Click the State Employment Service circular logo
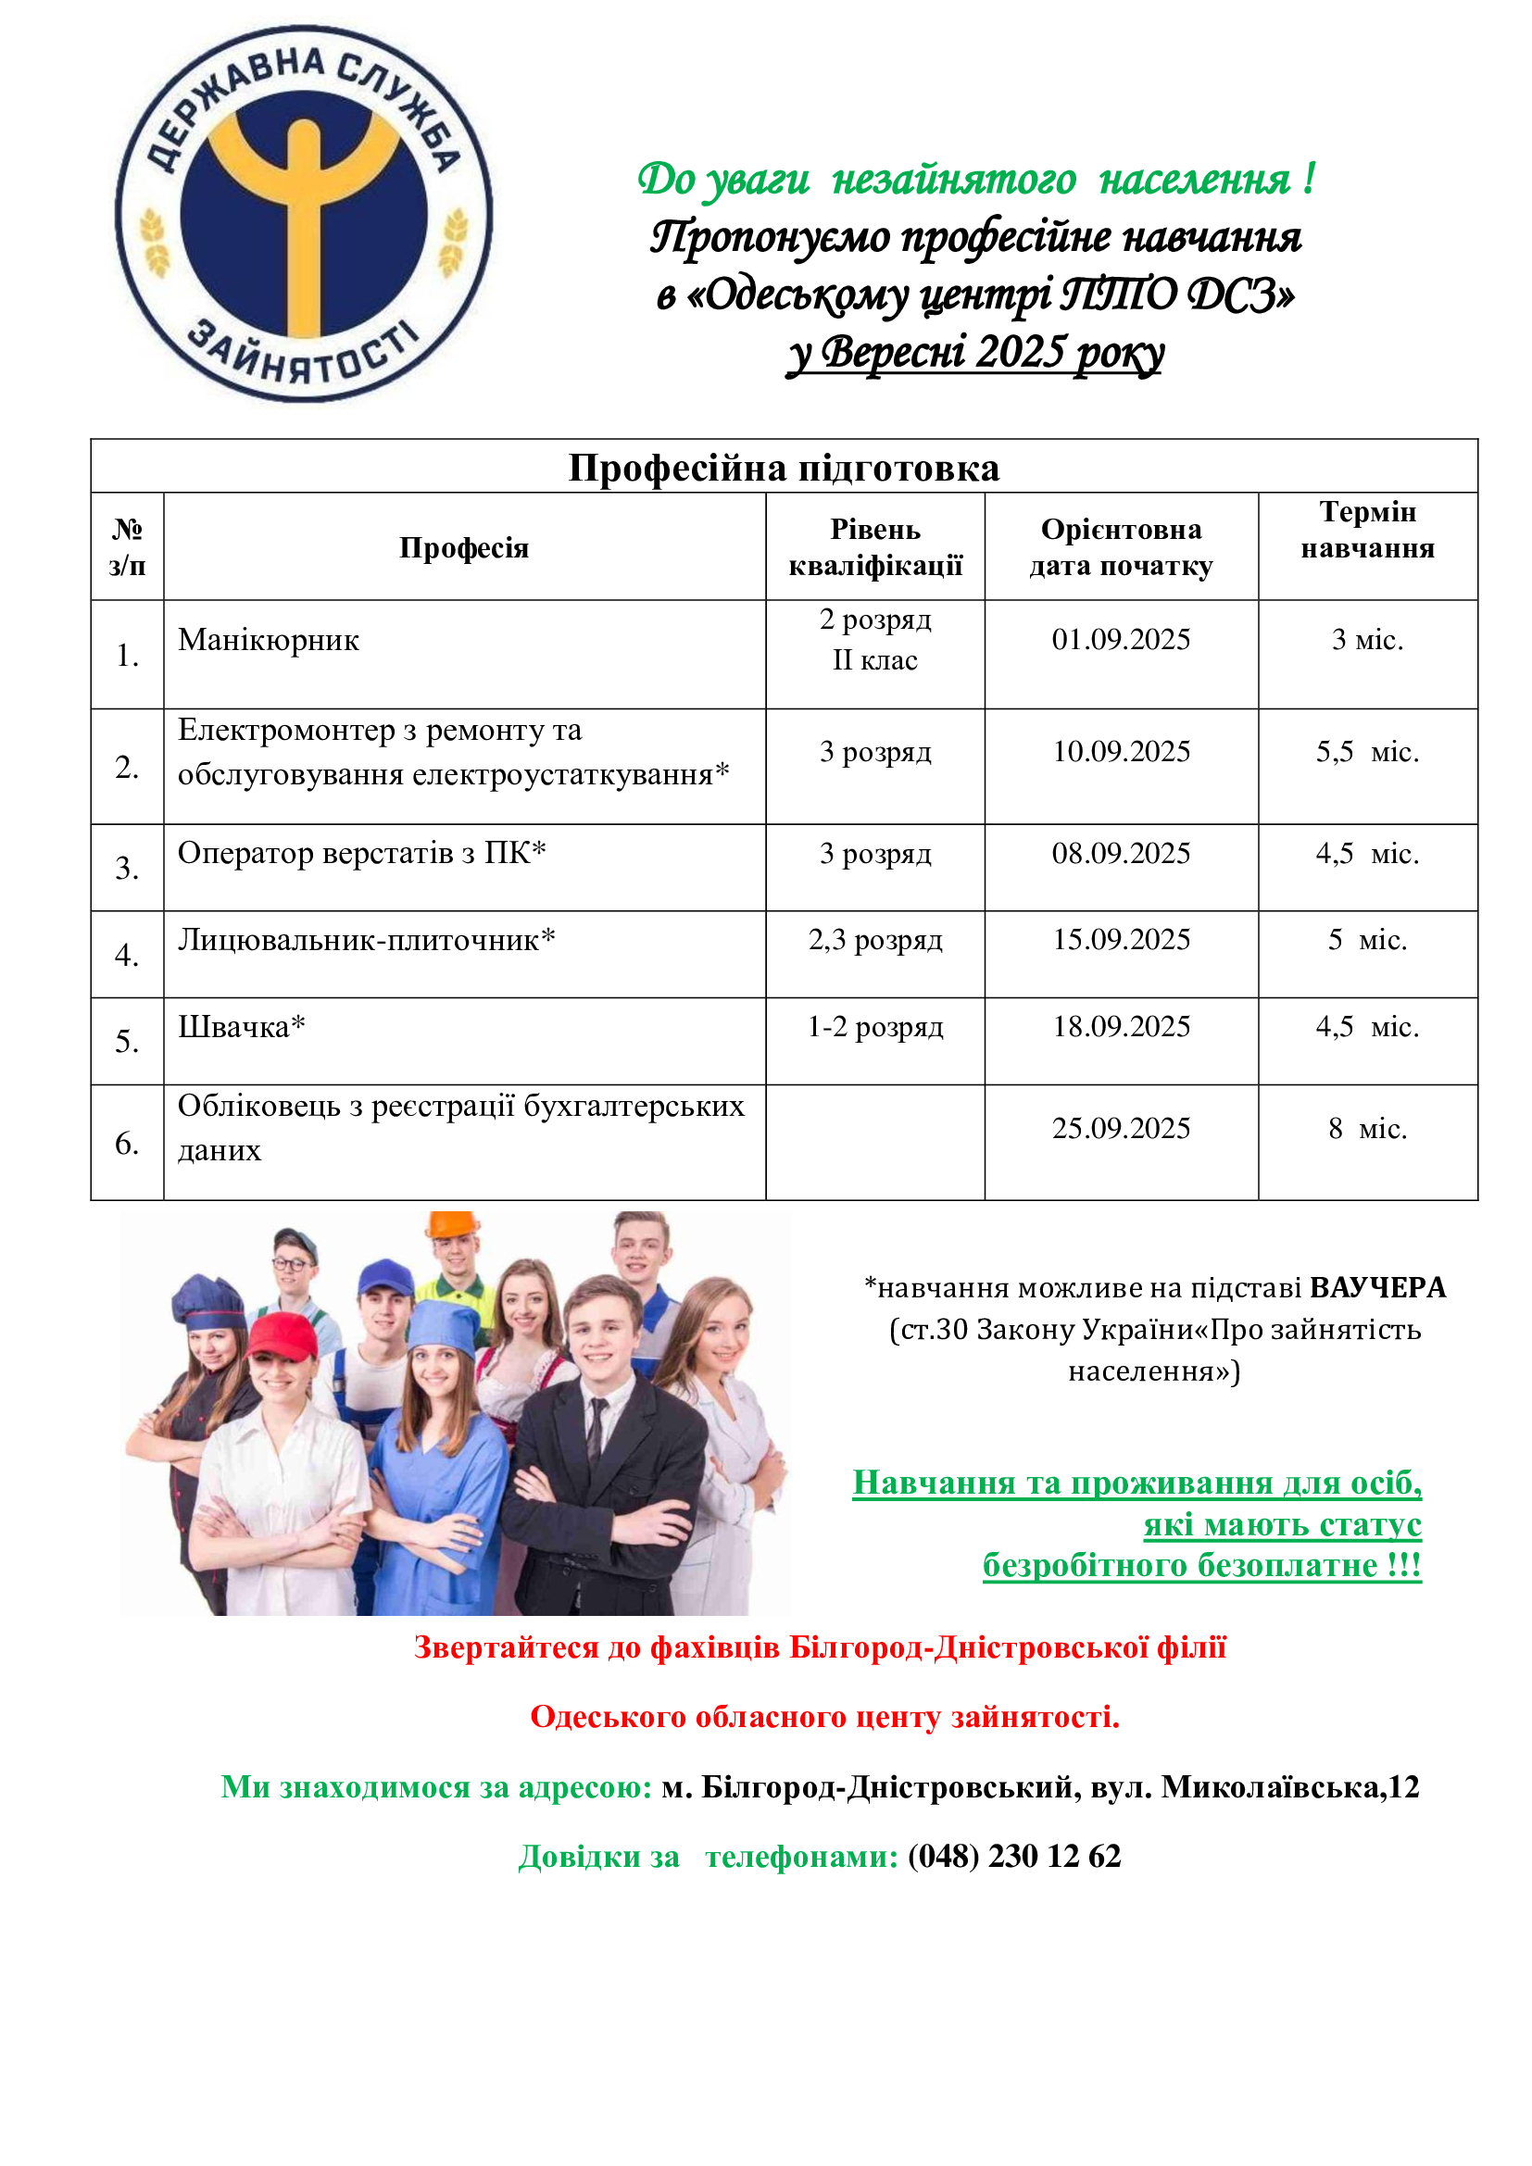(304, 213)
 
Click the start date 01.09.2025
(1121, 640)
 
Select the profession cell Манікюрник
(269, 641)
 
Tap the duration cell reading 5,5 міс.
(1367, 752)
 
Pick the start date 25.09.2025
(1121, 1128)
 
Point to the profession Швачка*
(242, 1026)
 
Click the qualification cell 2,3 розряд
(874, 940)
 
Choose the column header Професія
(463, 547)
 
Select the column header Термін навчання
(1367, 531)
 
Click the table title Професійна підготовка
(783, 468)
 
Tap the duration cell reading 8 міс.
(1367, 1128)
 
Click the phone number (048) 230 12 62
(1014, 1856)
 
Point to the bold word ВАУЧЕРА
(1377, 1288)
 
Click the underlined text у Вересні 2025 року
(975, 353)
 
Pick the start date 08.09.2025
(1121, 854)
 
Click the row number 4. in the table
(127, 955)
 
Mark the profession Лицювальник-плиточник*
(366, 940)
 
